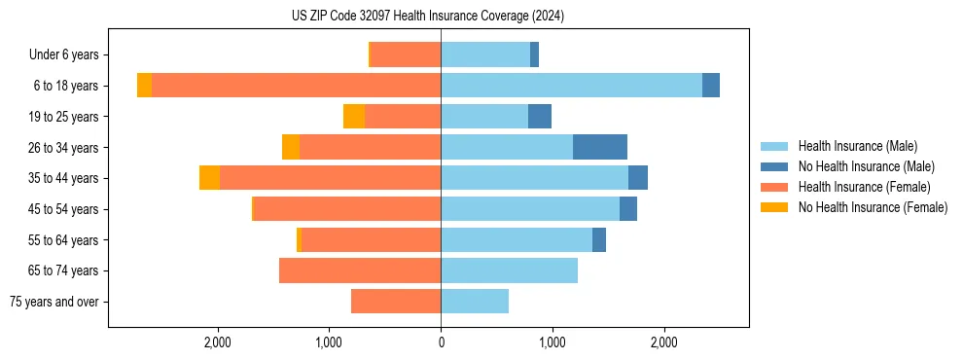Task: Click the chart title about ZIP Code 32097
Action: (x=428, y=16)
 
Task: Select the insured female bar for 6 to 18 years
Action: (x=296, y=86)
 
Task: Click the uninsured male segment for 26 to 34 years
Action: (x=600, y=147)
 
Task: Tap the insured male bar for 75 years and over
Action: (x=475, y=302)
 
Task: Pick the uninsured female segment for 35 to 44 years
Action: (x=209, y=178)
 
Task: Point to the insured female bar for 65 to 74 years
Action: (x=360, y=270)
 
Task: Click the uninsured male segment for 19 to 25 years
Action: (x=540, y=117)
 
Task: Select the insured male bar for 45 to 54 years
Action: (x=530, y=209)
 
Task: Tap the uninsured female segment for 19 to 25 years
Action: (x=354, y=117)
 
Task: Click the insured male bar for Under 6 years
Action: (x=485, y=54)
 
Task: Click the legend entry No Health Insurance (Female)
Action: (x=873, y=207)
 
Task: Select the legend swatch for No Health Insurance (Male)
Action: (x=774, y=166)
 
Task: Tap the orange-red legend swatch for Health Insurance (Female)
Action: (x=774, y=187)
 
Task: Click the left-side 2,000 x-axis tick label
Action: (x=218, y=342)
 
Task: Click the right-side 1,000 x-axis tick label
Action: (x=553, y=342)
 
